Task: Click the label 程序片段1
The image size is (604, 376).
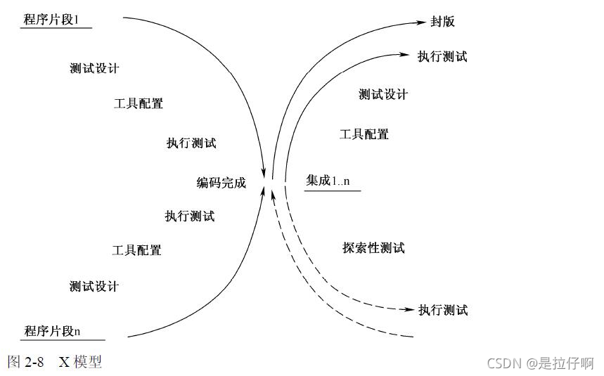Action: pos(58,19)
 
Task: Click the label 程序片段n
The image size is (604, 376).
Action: pos(53,330)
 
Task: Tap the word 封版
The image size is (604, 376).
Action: pos(442,21)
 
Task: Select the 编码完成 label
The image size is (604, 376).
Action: pos(221,183)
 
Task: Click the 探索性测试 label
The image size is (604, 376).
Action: pos(373,247)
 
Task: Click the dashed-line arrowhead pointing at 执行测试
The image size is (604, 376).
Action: pos(406,309)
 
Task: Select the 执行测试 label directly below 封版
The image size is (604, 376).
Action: pos(442,57)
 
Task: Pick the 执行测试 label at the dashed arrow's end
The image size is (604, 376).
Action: pos(443,310)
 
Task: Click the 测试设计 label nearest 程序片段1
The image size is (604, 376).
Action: pos(95,68)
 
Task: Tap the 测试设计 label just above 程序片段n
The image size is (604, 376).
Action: pos(94,286)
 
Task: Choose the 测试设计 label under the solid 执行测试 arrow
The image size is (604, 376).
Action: pos(383,94)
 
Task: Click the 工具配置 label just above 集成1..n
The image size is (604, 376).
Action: pos(364,134)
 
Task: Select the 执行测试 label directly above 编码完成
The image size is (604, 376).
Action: pos(191,143)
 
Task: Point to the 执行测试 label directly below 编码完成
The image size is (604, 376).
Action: pos(190,216)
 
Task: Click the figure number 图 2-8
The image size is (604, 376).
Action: pos(26,362)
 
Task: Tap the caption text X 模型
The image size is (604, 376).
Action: pos(80,362)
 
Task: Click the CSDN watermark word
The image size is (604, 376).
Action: pos(503,363)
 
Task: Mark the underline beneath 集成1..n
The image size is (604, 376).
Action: pos(332,190)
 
